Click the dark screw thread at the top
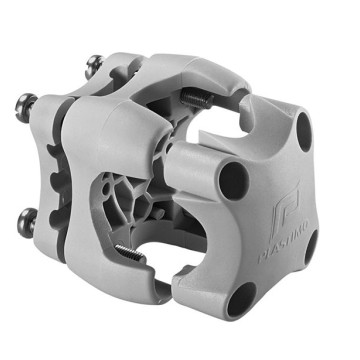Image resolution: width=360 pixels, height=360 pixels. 196,98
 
